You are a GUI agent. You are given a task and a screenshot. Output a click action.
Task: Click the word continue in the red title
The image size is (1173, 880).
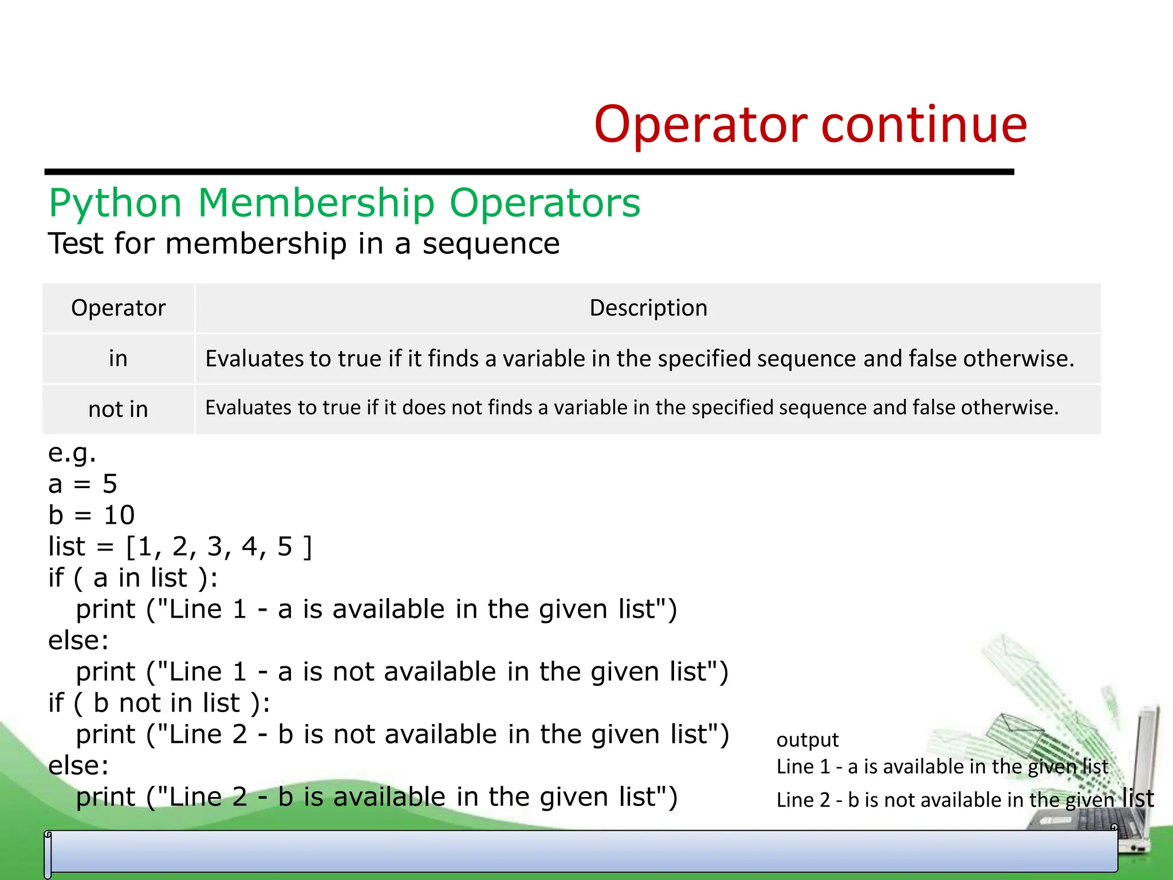click(924, 125)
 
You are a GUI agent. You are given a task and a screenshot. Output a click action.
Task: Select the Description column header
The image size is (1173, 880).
click(648, 308)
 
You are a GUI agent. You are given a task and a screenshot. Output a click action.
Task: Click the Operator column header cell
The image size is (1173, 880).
click(118, 308)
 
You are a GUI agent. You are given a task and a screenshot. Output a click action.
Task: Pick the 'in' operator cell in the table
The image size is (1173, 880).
click(118, 359)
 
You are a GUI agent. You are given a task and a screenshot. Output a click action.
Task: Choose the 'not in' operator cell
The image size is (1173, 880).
click(118, 409)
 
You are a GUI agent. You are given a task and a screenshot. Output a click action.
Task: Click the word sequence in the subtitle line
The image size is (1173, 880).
click(491, 243)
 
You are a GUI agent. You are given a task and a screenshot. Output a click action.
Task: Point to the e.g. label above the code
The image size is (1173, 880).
click(72, 453)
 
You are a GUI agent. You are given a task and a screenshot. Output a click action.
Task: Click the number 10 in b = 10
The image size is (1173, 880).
click(119, 515)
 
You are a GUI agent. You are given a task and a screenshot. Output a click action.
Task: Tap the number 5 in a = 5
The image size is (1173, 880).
click(110, 484)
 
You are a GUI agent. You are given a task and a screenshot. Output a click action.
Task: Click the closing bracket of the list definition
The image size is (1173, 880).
click(308, 547)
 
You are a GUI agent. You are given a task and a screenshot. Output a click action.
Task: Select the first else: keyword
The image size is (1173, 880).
click(78, 641)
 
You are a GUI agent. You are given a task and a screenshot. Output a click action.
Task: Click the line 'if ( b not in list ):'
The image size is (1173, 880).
click(159, 703)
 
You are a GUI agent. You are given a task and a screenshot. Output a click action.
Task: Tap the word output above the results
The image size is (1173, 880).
click(807, 740)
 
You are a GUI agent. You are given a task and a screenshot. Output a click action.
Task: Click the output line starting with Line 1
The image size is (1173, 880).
click(942, 767)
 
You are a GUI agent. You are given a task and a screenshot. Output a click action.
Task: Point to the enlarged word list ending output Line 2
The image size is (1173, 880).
click(1137, 798)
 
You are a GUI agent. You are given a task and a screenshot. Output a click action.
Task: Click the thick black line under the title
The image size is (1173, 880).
click(529, 172)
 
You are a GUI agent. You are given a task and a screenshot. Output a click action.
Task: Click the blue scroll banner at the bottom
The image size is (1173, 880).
click(581, 852)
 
